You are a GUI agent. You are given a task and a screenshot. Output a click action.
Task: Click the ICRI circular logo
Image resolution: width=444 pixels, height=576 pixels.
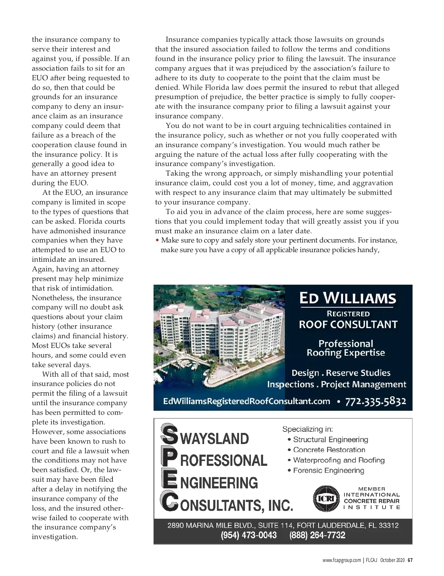coord(326,498)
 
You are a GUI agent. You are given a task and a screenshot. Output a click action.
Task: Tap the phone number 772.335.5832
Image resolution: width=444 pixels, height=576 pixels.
coord(375,401)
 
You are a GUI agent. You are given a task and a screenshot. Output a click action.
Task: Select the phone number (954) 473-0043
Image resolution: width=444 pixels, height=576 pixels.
coord(249,535)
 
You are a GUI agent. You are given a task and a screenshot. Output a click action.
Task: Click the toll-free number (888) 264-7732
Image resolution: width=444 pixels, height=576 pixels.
coord(317,535)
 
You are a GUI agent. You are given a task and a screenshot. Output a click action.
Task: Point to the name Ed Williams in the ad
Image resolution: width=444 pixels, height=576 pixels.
coord(347,298)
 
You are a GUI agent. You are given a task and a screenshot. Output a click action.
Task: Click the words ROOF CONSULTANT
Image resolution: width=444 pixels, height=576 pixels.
coord(348,324)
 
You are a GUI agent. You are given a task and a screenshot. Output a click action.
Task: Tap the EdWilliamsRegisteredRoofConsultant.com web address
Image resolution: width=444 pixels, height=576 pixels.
coord(246,401)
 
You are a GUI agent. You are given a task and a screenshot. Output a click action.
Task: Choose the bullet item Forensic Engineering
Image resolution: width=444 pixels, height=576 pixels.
coord(328,471)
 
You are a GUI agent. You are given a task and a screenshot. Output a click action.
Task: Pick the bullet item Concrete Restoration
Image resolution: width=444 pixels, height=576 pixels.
coord(329,450)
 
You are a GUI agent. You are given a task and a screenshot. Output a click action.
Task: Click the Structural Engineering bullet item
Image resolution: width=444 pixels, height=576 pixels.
coord(330,440)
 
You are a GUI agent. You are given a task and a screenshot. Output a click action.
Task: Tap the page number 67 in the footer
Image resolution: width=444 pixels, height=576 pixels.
coord(410,560)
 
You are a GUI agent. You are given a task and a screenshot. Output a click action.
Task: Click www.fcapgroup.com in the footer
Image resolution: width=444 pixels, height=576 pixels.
coord(341,560)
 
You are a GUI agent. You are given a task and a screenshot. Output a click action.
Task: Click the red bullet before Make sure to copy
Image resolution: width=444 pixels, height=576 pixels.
coord(158,240)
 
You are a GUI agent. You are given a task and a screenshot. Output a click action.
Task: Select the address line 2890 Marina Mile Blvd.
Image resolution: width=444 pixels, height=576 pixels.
coord(283,525)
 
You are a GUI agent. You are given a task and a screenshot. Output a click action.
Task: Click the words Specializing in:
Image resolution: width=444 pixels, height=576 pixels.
coord(307,429)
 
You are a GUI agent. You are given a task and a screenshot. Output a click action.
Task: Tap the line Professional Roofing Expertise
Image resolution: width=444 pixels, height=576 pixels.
coord(346,348)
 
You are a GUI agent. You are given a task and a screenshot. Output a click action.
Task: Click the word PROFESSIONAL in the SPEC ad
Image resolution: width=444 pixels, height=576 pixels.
coord(223,460)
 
